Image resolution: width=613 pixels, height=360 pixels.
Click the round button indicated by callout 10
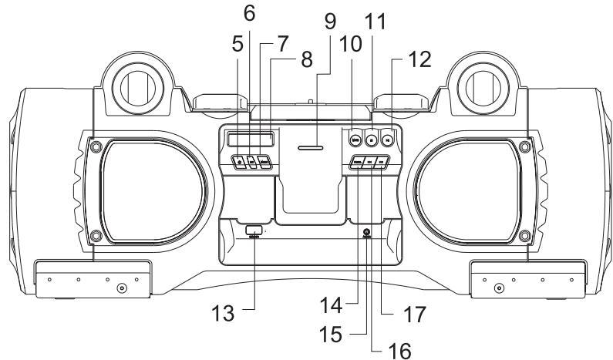tap(355, 140)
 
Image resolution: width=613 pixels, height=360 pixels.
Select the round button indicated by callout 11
tap(372, 140)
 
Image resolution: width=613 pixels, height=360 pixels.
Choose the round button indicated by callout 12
tap(388, 140)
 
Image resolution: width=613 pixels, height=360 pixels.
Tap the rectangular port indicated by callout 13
tap(254, 230)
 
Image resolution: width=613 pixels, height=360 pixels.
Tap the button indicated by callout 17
tap(383, 163)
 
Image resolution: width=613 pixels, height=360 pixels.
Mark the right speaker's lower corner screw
tap(524, 234)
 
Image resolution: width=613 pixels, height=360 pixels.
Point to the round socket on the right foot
tap(499, 288)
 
